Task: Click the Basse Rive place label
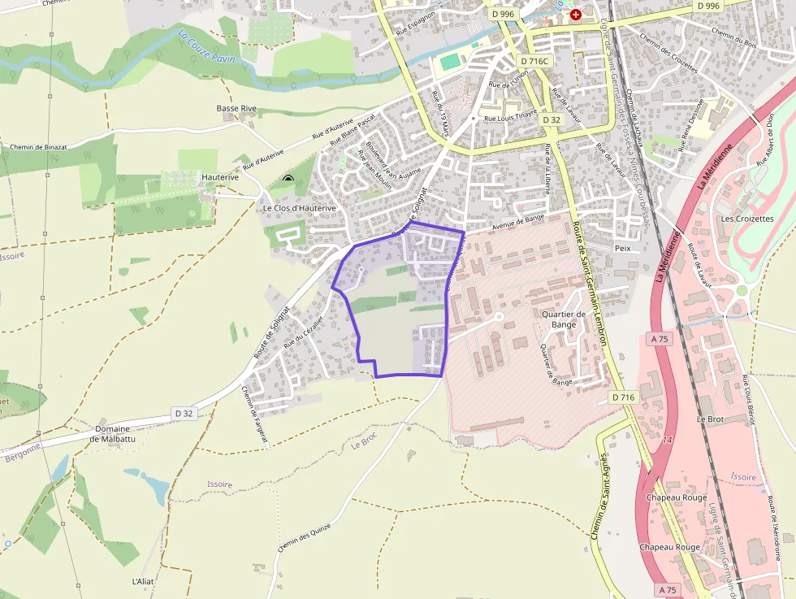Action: point(236,108)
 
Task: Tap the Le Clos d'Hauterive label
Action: point(299,208)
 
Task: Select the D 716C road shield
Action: point(534,62)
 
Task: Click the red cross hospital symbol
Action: point(576,15)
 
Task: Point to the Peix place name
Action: point(623,248)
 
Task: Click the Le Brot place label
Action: point(710,419)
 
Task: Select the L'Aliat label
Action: point(142,581)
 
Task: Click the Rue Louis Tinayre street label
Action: point(511,116)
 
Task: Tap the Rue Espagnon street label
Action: point(416,23)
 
